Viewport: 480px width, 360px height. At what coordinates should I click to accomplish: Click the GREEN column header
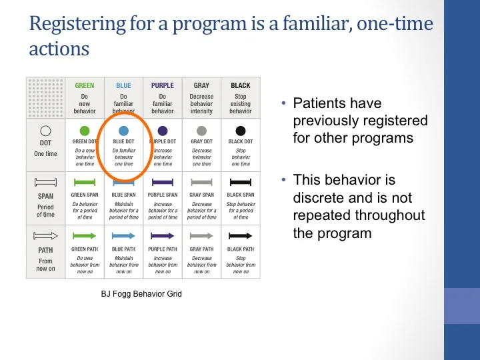[85, 86]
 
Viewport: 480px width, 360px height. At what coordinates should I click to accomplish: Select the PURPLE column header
[163, 86]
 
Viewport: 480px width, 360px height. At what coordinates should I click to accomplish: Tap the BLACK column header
[241, 86]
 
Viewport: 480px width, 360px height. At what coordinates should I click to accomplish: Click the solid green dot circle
[85, 131]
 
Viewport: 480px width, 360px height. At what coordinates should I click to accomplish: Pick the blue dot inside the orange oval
[123, 131]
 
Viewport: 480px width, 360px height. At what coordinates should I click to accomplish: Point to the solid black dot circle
[241, 131]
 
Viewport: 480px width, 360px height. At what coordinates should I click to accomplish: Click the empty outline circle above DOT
[45, 131]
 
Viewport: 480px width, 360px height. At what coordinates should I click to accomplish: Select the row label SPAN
[45, 197]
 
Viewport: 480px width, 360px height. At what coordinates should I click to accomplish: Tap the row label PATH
[45, 251]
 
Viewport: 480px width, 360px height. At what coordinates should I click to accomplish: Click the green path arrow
[85, 235]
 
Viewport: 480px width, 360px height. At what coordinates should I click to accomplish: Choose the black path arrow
[241, 235]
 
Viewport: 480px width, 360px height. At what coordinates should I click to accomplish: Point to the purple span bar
[163, 181]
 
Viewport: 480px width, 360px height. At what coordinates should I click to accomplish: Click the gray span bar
[201, 181]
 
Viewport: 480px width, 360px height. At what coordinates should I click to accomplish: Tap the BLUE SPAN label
[123, 195]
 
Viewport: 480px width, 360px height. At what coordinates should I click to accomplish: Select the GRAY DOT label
[201, 142]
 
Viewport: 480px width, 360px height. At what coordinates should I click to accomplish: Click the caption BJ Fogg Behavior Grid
[141, 294]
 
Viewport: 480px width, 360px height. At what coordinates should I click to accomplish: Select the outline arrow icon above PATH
[45, 235]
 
